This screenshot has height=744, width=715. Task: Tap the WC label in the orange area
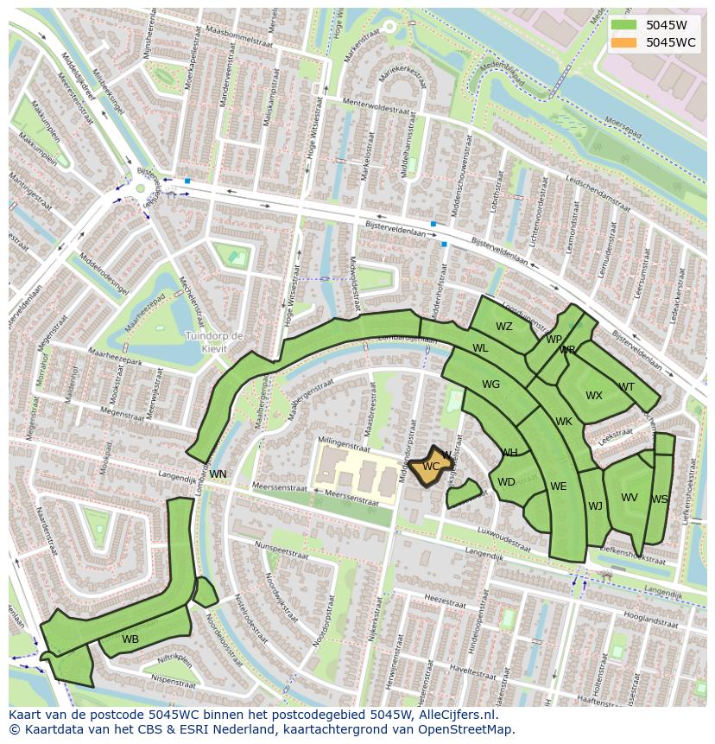pos(431,467)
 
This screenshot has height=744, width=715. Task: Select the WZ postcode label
pos(504,327)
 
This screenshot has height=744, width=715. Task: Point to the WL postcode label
pos(480,348)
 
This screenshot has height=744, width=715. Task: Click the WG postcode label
pos(490,385)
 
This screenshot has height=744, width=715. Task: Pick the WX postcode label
pos(594,396)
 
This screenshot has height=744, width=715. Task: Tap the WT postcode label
pos(626,387)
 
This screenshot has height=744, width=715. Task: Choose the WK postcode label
pos(564,422)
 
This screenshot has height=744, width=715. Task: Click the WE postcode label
pos(559,486)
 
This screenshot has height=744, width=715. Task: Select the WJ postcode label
pos(595,506)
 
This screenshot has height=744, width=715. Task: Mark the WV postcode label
pos(630,498)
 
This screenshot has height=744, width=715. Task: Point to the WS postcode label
pos(659,499)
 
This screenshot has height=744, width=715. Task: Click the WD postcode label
pos(506,482)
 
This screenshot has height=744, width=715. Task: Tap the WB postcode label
pos(130,639)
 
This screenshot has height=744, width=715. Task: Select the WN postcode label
pos(218,474)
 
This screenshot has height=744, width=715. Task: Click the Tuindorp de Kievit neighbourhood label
pos(214,341)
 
